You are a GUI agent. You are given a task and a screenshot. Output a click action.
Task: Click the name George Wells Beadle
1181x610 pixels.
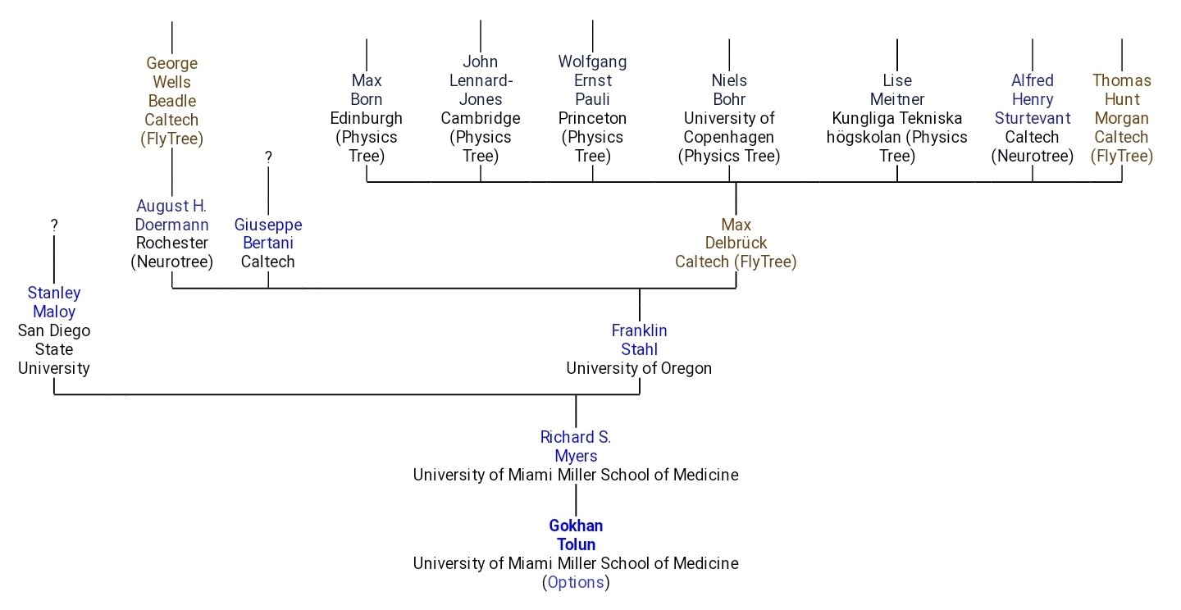tap(171, 82)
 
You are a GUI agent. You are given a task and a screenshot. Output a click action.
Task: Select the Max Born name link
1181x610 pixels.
tap(366, 90)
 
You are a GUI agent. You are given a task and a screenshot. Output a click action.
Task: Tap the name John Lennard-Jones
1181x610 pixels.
tap(480, 80)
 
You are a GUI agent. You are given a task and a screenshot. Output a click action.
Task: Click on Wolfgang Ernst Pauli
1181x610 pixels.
tap(592, 80)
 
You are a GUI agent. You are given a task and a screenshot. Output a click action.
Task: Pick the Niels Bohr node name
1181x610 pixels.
tap(728, 90)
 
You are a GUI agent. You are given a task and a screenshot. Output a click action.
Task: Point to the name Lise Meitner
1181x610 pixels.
tap(896, 90)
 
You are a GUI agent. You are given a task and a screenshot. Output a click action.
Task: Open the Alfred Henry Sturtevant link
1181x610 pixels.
tap(1032, 99)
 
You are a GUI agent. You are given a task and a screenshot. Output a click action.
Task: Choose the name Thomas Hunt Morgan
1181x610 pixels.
tap(1121, 99)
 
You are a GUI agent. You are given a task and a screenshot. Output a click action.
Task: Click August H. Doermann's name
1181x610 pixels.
tap(171, 215)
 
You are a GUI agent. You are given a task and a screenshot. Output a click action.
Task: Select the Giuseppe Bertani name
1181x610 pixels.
tap(268, 234)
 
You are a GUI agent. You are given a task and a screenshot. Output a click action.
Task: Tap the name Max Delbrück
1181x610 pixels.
tap(736, 234)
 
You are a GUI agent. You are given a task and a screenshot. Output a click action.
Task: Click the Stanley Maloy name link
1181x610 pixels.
tap(54, 302)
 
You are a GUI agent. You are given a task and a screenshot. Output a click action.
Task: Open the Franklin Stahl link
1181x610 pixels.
tap(639, 339)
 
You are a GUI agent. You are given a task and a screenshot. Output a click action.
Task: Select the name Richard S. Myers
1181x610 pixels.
tap(575, 446)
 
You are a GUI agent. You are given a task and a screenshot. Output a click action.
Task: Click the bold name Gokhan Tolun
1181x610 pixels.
tap(575, 535)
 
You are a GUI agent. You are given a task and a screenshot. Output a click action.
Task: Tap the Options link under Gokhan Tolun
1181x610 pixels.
tap(575, 583)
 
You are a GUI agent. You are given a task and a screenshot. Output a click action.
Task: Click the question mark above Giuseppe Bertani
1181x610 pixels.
tap(268, 157)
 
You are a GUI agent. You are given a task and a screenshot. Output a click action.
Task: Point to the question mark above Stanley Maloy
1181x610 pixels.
tap(54, 225)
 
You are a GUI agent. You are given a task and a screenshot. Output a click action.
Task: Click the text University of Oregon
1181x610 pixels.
tap(639, 368)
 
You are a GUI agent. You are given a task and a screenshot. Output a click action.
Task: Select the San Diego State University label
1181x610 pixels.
tap(54, 349)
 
